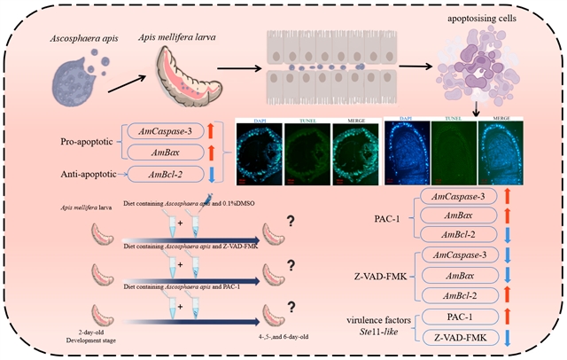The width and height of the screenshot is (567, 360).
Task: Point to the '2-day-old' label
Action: [x=87, y=330]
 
